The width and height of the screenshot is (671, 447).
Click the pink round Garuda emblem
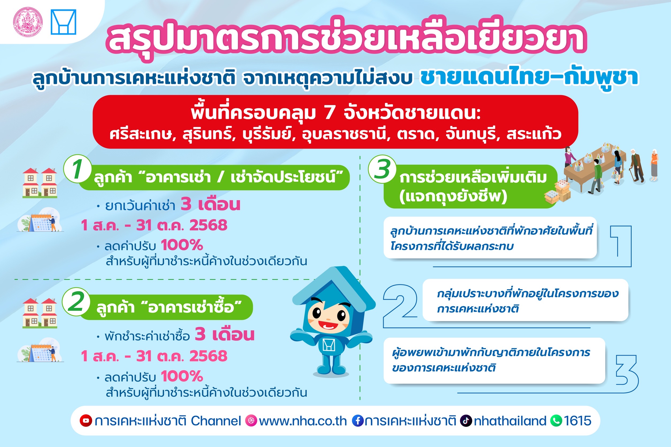[x=28, y=22]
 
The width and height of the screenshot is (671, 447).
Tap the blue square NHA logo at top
[x=63, y=22]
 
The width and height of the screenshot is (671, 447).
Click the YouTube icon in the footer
[x=86, y=421]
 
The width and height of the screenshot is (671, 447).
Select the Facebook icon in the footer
[x=357, y=421]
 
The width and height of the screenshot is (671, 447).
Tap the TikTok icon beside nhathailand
[x=466, y=421]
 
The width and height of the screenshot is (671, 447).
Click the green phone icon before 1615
[x=556, y=421]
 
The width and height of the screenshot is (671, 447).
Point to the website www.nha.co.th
[x=303, y=421]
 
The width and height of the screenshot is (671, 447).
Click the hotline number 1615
[x=577, y=421]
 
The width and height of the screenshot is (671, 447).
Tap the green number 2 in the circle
[x=76, y=302]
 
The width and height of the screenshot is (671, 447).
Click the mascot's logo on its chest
[x=329, y=345]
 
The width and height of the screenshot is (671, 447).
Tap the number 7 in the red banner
[x=330, y=113]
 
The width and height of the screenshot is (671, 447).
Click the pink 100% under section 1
[x=182, y=245]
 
